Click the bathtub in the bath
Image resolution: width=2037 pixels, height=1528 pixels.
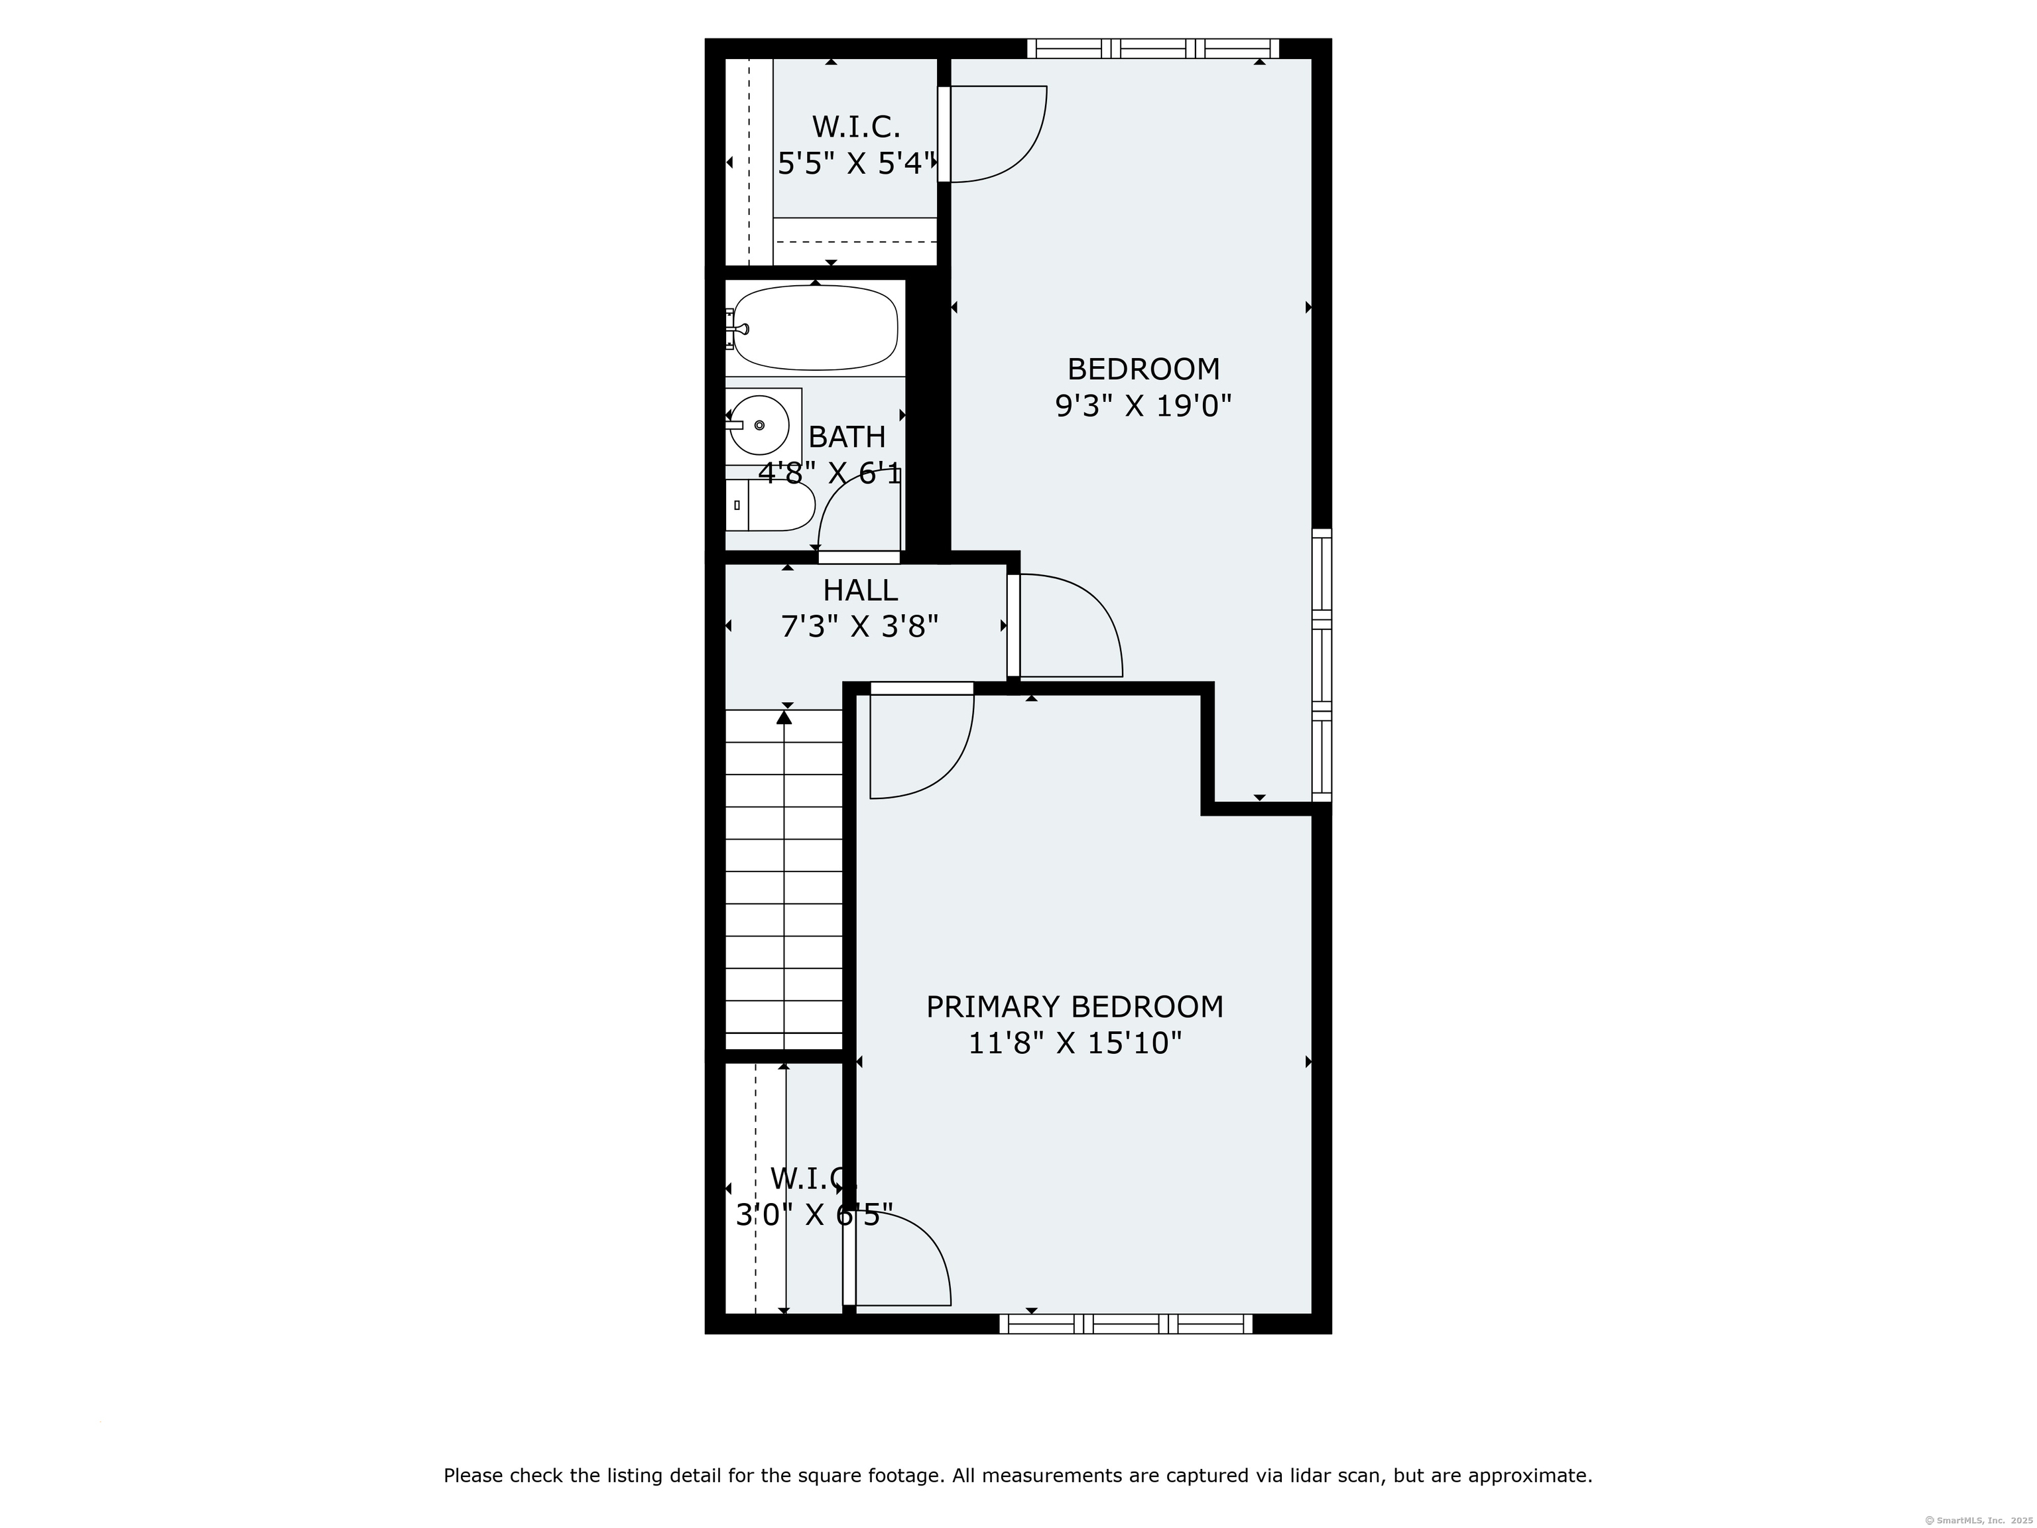point(816,328)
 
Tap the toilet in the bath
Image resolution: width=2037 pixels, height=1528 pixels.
point(774,505)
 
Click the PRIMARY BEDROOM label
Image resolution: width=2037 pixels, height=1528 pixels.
point(1075,1007)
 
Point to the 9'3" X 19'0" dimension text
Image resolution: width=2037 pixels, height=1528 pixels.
point(1142,405)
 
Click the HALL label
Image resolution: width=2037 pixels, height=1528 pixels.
point(860,590)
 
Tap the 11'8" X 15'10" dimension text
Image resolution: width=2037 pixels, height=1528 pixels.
point(1075,1043)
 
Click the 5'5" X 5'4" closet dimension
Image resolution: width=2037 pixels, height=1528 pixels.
point(857,164)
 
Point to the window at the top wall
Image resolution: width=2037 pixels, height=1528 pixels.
point(1153,48)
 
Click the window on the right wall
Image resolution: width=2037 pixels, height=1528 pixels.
point(1322,665)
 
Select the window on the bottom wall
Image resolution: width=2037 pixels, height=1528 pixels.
point(1125,1324)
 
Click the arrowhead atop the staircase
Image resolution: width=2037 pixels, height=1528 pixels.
point(784,716)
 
